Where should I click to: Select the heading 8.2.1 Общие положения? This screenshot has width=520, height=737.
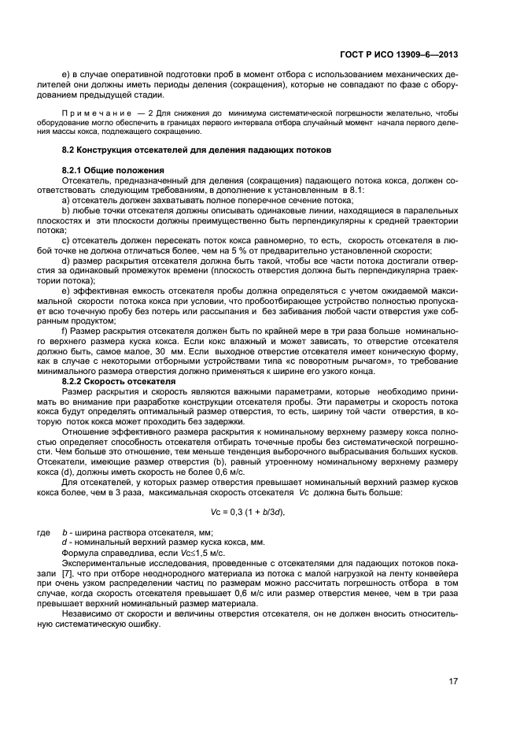pyautogui.click(x=112, y=170)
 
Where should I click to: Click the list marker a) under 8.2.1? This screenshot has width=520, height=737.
pyautogui.click(x=66, y=201)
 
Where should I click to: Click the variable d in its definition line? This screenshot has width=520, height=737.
pyautogui.click(x=64, y=543)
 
